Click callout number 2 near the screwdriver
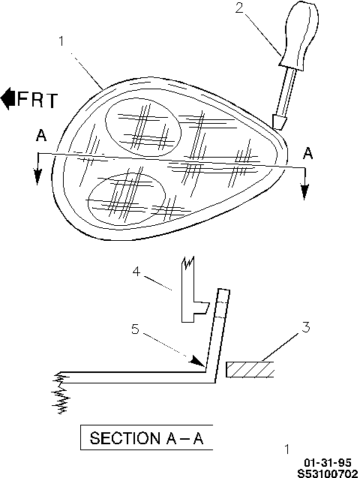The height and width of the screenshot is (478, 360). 240,8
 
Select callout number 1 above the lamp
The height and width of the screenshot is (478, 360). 61,41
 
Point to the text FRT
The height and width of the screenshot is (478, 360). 37,99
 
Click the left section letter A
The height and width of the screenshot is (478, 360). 41,135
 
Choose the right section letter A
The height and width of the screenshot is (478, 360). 308,153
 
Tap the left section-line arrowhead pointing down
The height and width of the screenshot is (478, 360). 37,176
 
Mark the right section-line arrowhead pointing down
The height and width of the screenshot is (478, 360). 304,191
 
